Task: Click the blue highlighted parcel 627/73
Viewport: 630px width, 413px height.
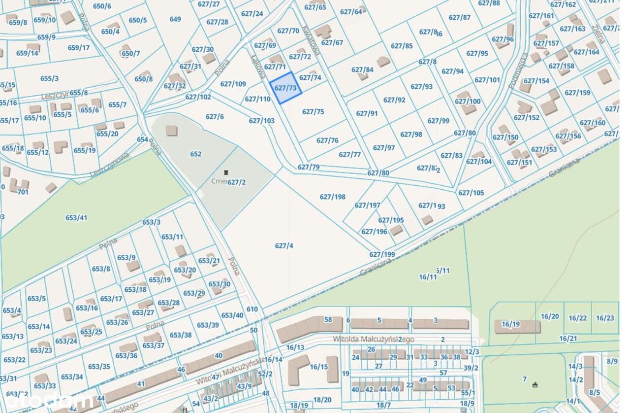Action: pos(286,88)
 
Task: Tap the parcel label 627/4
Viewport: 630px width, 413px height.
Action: pos(284,245)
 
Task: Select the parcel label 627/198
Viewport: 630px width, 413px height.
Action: pos(332,197)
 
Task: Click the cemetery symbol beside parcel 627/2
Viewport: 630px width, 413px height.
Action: pos(226,173)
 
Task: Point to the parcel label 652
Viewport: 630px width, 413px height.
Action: pos(195,154)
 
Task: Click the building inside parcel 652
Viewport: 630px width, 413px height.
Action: pos(171,131)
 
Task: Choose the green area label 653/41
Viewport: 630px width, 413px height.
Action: pos(76,217)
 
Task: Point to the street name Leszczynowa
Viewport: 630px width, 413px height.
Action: pos(109,165)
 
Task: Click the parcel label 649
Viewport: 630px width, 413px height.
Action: pos(175,19)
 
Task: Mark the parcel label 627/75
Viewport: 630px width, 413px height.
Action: pos(313,111)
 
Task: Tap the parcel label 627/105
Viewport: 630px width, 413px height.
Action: pos(471,193)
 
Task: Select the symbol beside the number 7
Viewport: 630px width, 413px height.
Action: pos(535,384)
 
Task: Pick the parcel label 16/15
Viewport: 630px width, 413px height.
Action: pos(319,367)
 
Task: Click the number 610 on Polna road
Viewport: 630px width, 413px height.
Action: pos(252,309)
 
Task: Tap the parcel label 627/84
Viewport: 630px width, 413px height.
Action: pos(362,69)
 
